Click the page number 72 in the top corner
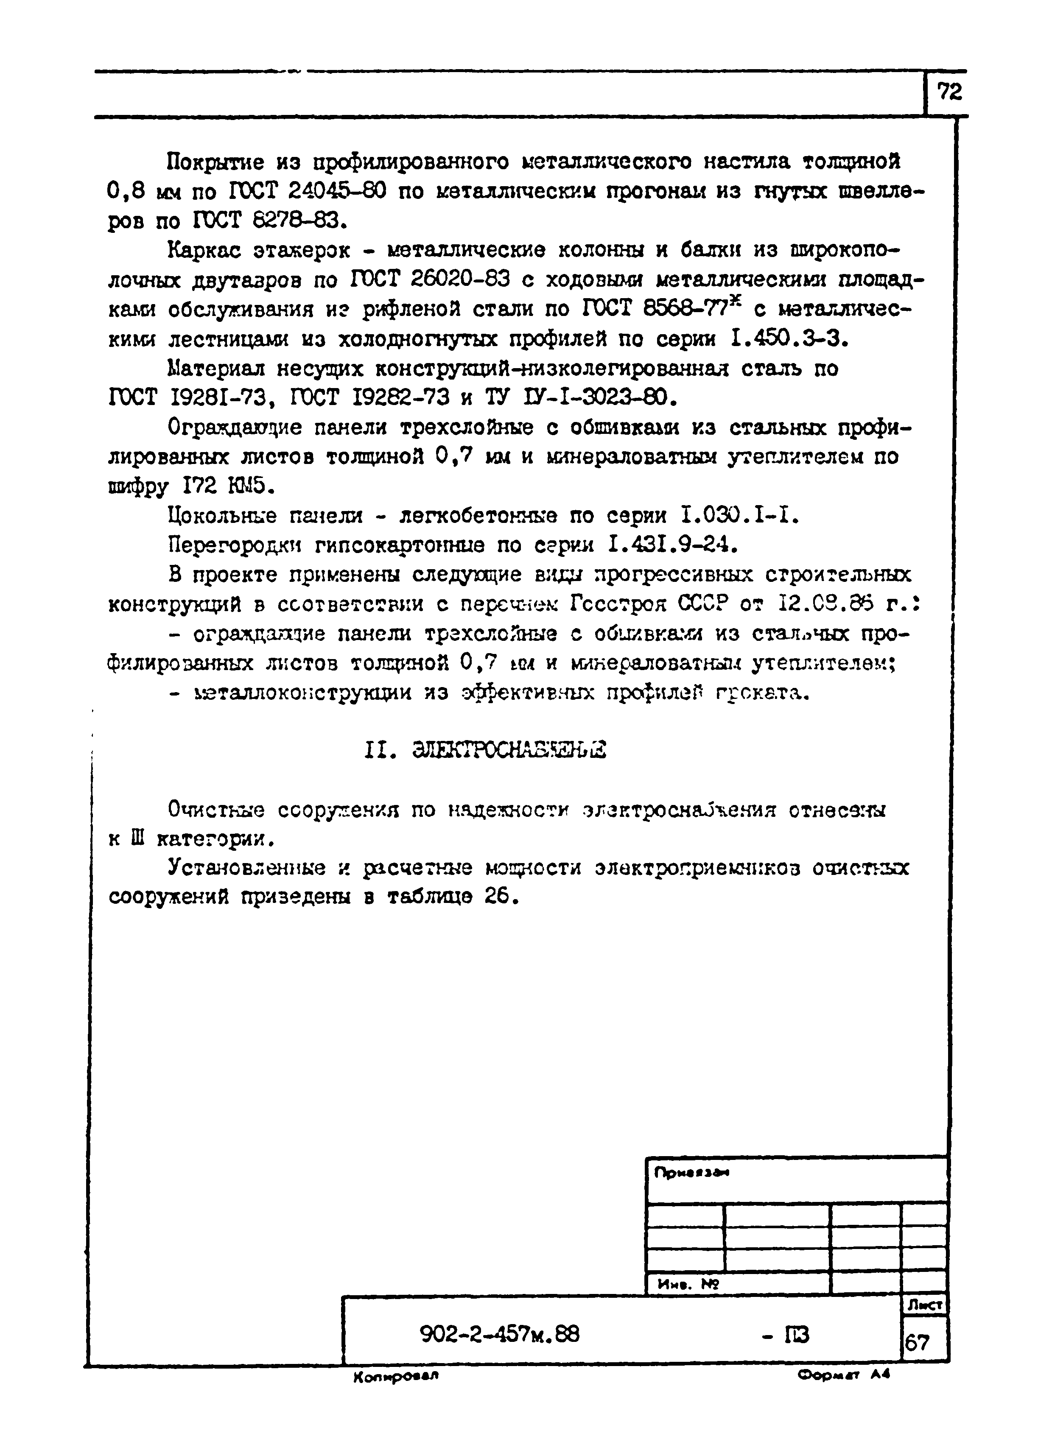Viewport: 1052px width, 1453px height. coord(949,93)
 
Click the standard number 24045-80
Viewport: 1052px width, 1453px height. coord(336,191)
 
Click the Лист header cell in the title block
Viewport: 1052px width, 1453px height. coord(924,1305)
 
